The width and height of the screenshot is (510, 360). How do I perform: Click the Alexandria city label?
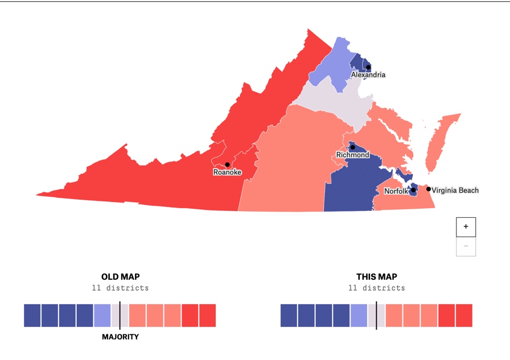click(x=368, y=75)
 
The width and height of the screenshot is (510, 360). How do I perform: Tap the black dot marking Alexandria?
click(x=368, y=67)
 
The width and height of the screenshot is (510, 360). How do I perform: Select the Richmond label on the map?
click(x=352, y=155)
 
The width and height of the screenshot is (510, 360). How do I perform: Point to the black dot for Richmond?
click(x=353, y=147)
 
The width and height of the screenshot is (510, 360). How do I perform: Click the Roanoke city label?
click(x=227, y=172)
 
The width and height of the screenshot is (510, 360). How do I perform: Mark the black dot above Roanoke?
click(x=227, y=164)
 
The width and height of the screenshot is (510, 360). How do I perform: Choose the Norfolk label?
click(x=396, y=191)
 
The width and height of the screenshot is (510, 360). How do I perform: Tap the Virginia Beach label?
click(x=455, y=191)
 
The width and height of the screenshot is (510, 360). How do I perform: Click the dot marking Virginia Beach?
click(x=429, y=189)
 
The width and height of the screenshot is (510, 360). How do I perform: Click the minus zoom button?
click(x=466, y=246)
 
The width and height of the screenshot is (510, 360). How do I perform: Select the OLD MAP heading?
click(x=120, y=277)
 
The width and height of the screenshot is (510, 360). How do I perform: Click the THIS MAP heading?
click(x=377, y=277)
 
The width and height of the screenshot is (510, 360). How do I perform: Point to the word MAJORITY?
click(x=120, y=337)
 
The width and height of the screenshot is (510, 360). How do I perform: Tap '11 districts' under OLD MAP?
click(x=120, y=288)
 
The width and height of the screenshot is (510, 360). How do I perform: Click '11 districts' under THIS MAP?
click(x=377, y=288)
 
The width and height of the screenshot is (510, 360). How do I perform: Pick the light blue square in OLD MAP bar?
click(x=102, y=316)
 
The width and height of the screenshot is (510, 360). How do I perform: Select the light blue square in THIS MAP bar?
click(x=359, y=316)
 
